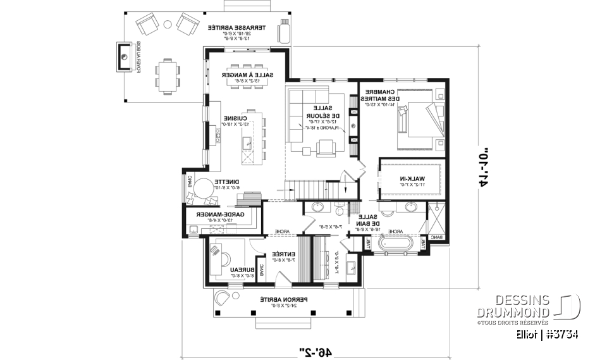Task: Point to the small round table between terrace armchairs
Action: (x=168, y=23)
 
